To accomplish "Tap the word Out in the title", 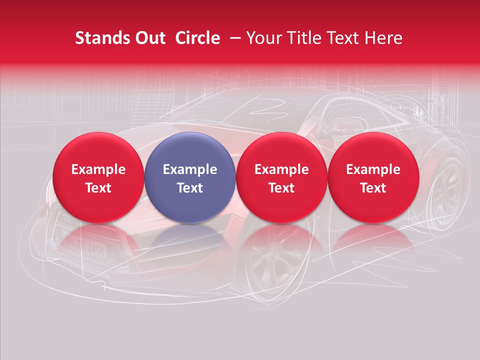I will [148, 38].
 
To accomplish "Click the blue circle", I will [190, 177].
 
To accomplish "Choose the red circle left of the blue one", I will [98, 177].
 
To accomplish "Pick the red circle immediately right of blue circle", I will [281, 177].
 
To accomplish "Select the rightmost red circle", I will [373, 177].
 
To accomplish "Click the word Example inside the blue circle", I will [190, 169].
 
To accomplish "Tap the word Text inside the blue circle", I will [190, 188].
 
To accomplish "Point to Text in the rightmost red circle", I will [373, 188].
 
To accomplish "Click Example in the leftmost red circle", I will [98, 169].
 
